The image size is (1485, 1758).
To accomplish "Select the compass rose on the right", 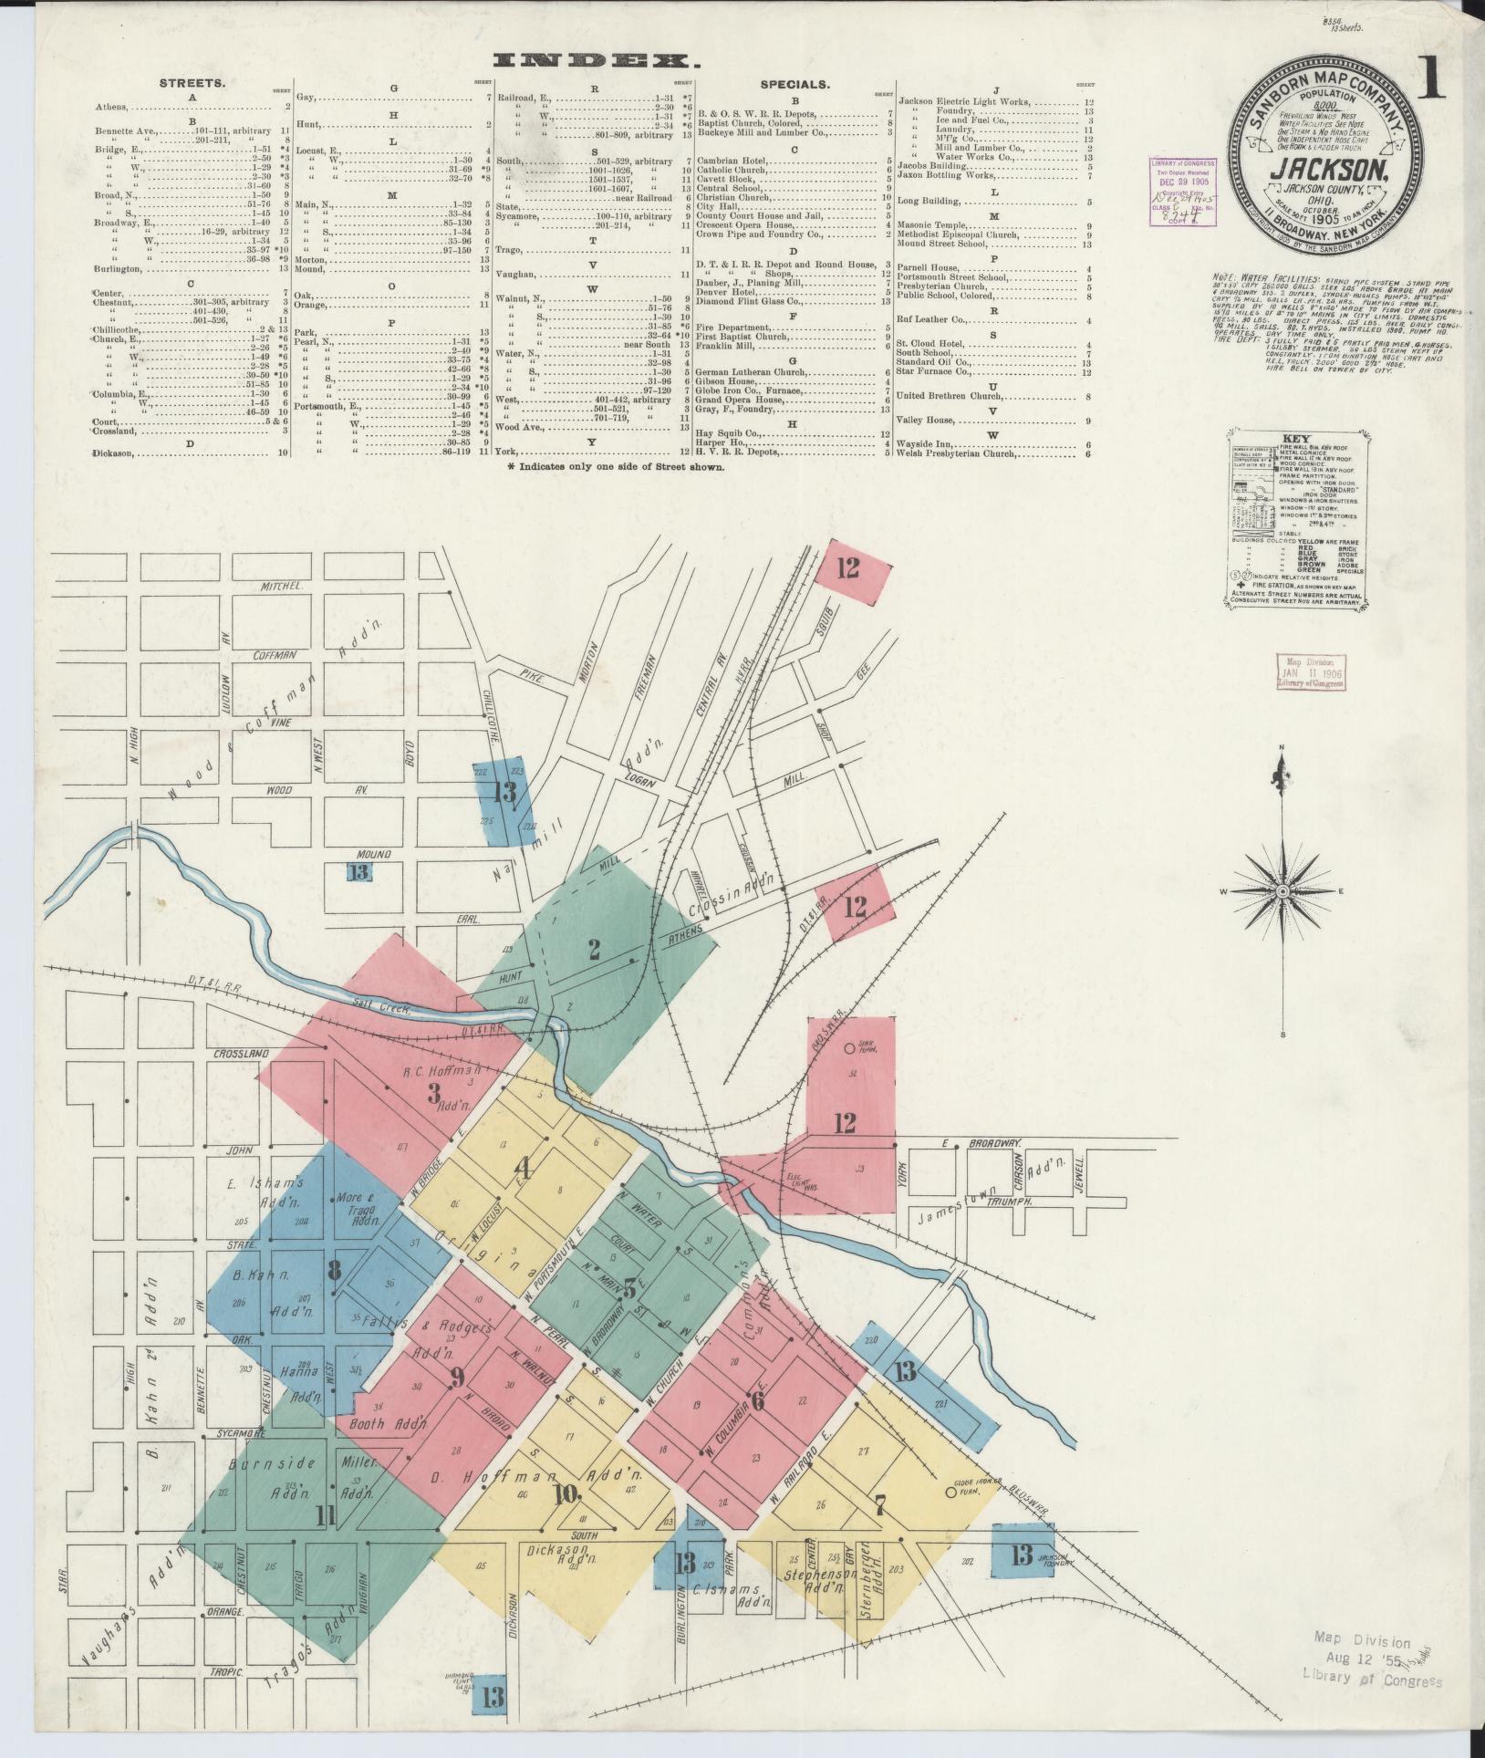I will [x=1282, y=890].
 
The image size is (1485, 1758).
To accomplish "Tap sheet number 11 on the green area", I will [x=326, y=1515].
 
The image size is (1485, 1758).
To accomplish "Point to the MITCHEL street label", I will [x=279, y=585].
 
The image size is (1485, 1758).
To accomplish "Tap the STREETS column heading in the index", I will [x=192, y=83].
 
